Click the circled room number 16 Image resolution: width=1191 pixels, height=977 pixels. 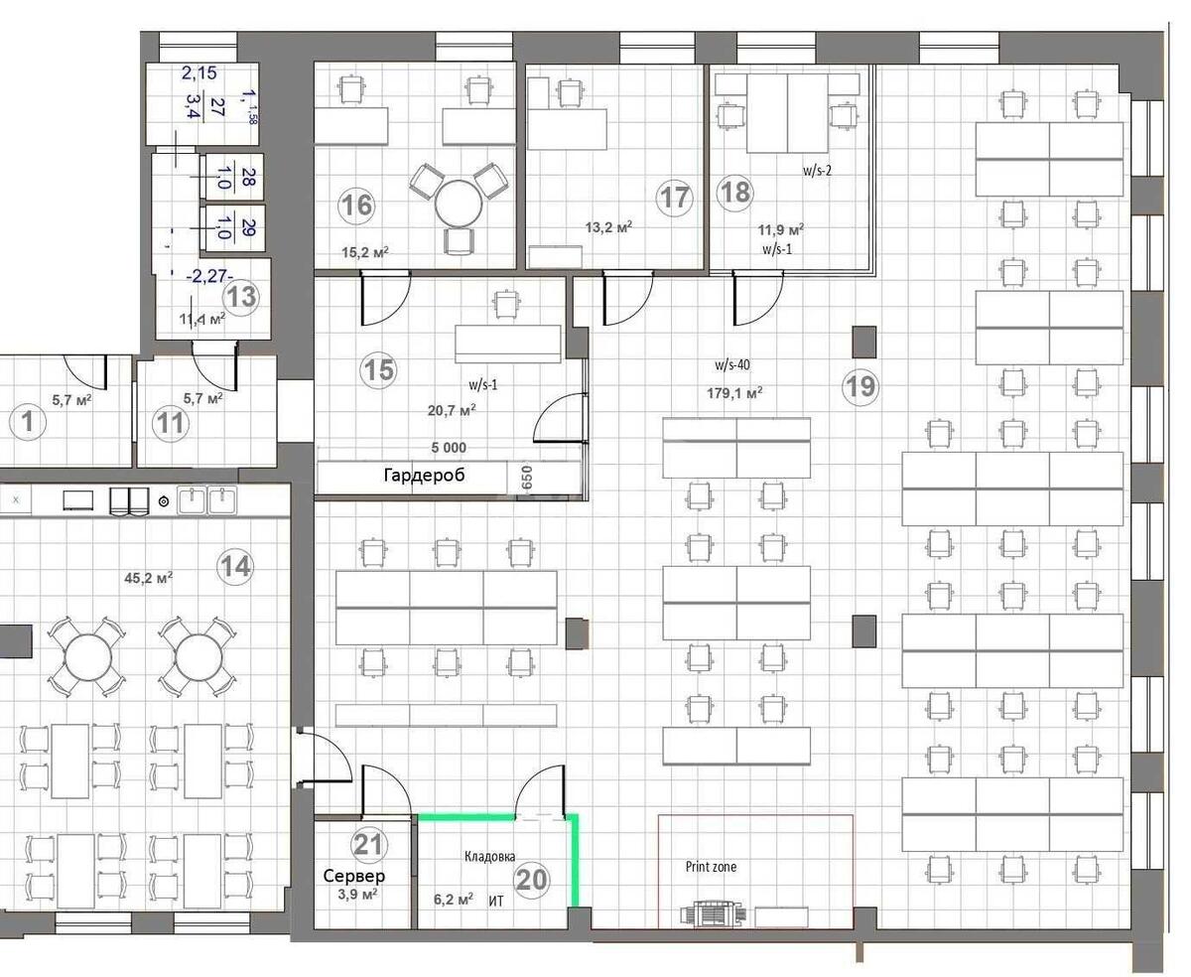pyautogui.click(x=357, y=206)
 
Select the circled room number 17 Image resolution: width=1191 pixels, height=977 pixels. pyautogui.click(x=675, y=197)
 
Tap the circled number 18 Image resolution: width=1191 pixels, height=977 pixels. pyautogui.click(x=735, y=192)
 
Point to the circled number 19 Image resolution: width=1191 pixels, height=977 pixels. pyautogui.click(x=860, y=385)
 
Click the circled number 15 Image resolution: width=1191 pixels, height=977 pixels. pyautogui.click(x=378, y=370)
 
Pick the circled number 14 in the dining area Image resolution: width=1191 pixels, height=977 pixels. pyautogui.click(x=235, y=567)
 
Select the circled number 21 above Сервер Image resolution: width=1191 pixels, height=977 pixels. pyautogui.click(x=368, y=845)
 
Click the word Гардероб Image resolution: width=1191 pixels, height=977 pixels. pyautogui.click(x=424, y=476)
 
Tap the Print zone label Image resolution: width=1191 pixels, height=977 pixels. pyautogui.click(x=711, y=867)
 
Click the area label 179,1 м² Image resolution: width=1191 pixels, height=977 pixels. pyautogui.click(x=734, y=392)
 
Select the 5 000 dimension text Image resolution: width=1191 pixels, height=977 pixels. pyautogui.click(x=449, y=448)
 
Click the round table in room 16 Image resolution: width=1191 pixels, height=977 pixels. pyautogui.click(x=461, y=206)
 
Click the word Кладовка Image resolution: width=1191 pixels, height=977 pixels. pyautogui.click(x=490, y=856)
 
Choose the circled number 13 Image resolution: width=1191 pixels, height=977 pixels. pyautogui.click(x=241, y=296)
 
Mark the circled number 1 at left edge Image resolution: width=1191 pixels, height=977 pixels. pyautogui.click(x=27, y=423)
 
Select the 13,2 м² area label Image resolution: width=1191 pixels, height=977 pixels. pyautogui.click(x=608, y=226)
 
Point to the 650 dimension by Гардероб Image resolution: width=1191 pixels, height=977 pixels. pyautogui.click(x=528, y=477)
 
